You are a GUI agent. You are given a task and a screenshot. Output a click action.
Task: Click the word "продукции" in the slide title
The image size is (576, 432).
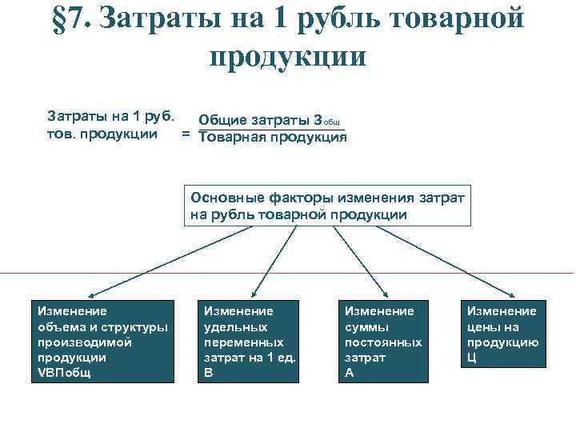287,56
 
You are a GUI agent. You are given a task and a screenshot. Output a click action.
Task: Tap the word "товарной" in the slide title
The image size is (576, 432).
448,19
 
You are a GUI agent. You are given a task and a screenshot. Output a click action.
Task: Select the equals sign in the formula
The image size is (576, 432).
186,135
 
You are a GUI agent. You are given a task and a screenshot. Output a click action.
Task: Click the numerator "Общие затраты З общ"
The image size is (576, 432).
271,121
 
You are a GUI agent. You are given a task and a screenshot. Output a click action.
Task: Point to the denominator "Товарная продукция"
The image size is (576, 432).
272,138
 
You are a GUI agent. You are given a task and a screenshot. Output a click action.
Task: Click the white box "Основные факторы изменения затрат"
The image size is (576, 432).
328,206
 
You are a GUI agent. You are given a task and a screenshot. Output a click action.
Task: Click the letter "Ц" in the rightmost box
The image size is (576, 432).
472,358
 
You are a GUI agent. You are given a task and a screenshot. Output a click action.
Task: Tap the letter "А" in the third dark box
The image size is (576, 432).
349,373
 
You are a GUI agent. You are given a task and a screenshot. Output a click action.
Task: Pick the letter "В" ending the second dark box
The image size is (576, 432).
209,373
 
